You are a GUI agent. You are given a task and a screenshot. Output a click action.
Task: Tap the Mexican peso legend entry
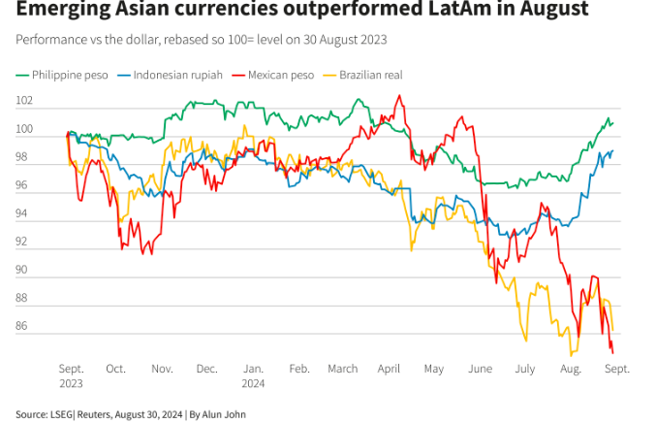[281, 75]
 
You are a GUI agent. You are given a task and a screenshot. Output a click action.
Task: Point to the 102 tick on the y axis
[24, 101]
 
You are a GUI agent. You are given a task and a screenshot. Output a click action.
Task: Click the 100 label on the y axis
[24, 129]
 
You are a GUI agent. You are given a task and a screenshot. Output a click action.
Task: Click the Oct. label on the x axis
[115, 369]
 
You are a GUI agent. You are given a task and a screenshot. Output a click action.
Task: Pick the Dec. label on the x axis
[206, 369]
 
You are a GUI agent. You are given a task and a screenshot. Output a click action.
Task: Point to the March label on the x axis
[343, 369]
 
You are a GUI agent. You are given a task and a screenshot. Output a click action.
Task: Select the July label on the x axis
[525, 369]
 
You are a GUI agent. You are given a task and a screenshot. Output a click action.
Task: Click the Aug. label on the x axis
[571, 369]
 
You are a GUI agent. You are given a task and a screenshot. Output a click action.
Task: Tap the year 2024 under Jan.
[253, 383]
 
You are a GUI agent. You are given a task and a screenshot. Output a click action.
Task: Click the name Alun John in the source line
[223, 414]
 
